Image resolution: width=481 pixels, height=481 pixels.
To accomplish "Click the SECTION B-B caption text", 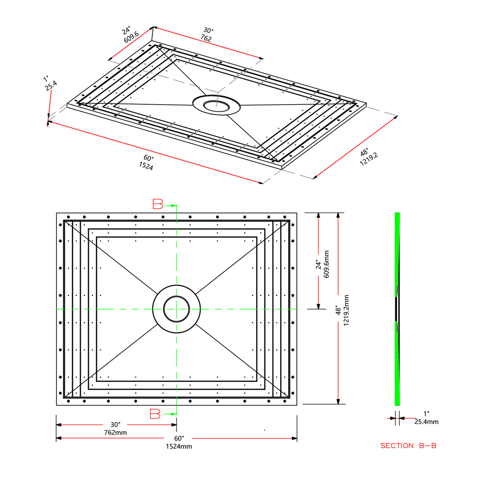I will click(408, 446).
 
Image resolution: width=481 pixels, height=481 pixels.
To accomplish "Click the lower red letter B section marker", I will click(155, 414).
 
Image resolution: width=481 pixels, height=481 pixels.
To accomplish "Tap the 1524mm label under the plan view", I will click(179, 446).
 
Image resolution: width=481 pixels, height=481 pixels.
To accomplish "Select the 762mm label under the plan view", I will click(115, 432).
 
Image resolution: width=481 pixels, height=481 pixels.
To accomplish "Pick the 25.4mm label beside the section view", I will click(426, 422).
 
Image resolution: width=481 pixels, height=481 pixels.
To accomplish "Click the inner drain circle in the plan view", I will click(176, 309).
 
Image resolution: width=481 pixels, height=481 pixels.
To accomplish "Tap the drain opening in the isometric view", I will click(216, 106).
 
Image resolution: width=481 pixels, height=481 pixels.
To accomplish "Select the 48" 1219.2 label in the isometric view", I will click(368, 157).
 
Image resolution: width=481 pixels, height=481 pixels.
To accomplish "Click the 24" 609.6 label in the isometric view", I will click(129, 34).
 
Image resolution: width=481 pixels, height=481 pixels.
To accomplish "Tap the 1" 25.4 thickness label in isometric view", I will click(50, 83).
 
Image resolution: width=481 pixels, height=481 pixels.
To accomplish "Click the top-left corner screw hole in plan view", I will click(68, 217).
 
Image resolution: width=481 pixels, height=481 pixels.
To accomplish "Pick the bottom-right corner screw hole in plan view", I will click(285, 401).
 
